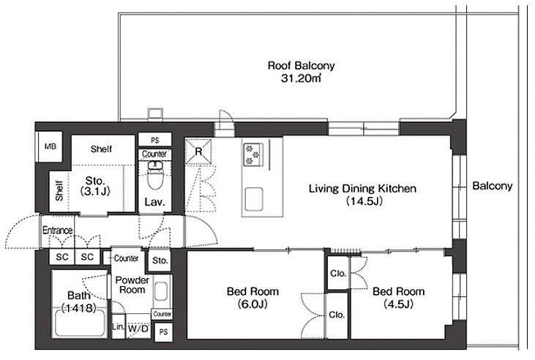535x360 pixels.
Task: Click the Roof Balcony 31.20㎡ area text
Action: [x=301, y=72]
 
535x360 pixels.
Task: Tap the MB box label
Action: [x=50, y=146]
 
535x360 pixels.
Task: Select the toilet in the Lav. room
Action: [x=155, y=175]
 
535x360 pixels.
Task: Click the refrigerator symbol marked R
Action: [x=198, y=151]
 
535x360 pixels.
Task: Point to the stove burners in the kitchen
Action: [x=253, y=154]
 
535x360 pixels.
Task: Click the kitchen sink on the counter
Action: [x=254, y=199]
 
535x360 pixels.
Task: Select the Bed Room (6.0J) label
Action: [x=252, y=298]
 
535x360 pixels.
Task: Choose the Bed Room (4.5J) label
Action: [x=399, y=298]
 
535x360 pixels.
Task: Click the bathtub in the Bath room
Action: [x=80, y=322]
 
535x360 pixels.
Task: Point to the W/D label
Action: [x=138, y=329]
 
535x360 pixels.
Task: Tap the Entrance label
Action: [x=57, y=230]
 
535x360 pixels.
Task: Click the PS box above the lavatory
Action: [x=155, y=140]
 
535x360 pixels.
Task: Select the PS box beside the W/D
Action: [x=163, y=331]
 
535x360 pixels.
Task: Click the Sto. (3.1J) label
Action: [x=95, y=186]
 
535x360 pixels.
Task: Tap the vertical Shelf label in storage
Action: [x=59, y=191]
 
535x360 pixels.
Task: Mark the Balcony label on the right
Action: [x=493, y=186]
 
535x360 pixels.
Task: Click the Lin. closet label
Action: [x=118, y=327]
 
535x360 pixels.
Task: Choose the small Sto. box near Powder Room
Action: [x=160, y=260]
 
